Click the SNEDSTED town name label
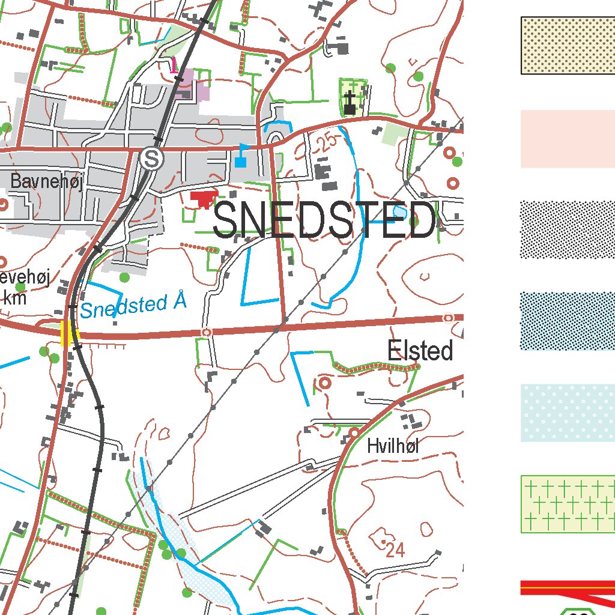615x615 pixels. tap(324, 220)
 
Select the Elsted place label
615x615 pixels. tap(420, 351)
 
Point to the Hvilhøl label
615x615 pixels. tap(393, 446)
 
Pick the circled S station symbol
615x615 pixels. tap(151, 159)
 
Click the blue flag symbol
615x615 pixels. tap(241, 154)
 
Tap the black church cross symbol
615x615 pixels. tap(350, 102)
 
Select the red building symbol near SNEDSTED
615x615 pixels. tap(204, 198)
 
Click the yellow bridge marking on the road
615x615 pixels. tap(68, 333)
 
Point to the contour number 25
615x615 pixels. tap(326, 143)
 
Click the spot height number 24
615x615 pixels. tap(395, 550)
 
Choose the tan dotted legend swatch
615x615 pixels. tap(568, 46)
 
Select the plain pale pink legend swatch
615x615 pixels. tap(568, 139)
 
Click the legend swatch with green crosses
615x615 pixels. tap(568, 504)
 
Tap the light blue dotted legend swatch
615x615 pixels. tap(568, 413)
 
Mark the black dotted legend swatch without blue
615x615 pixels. tap(568, 229)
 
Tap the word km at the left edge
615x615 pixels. tap(14, 297)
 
